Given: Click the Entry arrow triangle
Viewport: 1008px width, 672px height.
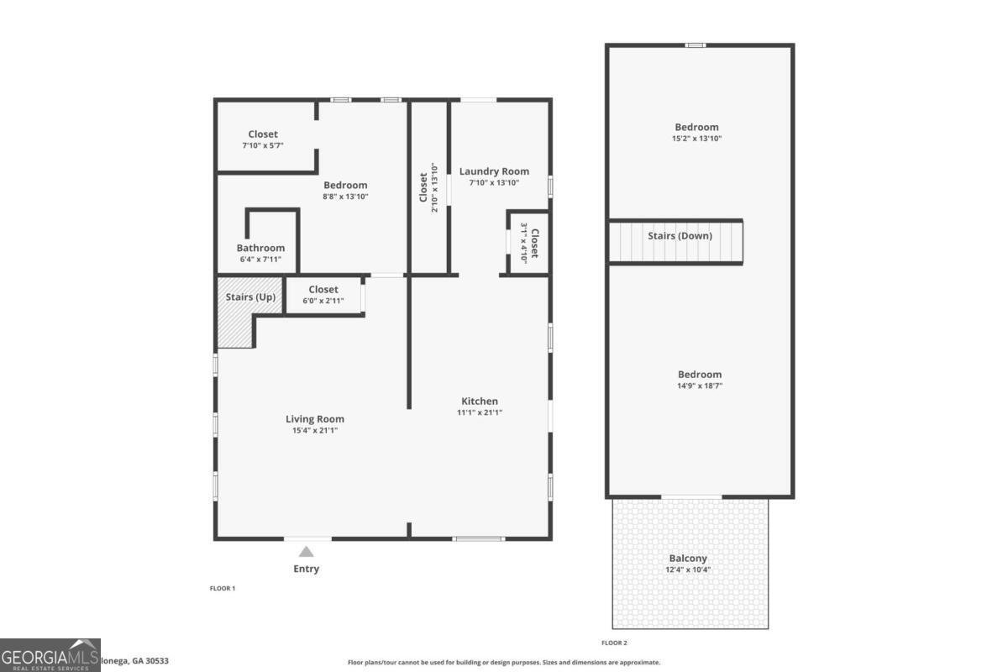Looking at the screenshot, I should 307,552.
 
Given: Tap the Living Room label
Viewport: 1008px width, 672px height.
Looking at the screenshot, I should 315,419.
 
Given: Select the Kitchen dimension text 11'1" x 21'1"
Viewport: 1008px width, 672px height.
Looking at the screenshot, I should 480,412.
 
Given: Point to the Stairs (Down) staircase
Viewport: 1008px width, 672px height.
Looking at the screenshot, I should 676,242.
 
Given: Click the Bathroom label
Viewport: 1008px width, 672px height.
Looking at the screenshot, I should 260,248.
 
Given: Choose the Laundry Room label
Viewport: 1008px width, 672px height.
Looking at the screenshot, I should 494,171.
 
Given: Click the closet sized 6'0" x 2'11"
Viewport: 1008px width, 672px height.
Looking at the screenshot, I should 323,295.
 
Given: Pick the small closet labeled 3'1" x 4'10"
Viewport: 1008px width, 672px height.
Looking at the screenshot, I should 528,243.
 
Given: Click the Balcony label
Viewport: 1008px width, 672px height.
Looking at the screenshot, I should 688,559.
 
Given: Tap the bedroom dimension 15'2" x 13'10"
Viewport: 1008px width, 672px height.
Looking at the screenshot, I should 697,139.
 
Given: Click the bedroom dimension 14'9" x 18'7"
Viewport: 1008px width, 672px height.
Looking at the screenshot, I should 700,386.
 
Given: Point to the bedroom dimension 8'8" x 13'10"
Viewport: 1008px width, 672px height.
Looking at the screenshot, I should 345,197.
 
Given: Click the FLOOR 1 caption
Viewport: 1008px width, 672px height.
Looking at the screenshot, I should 223,589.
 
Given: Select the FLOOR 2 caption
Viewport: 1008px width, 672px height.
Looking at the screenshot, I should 614,643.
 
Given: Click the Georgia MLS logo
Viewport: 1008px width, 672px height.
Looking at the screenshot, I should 50,654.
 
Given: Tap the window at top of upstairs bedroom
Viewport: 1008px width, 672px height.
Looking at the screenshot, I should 695,45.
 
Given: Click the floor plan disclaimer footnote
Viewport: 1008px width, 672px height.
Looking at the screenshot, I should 504,663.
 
